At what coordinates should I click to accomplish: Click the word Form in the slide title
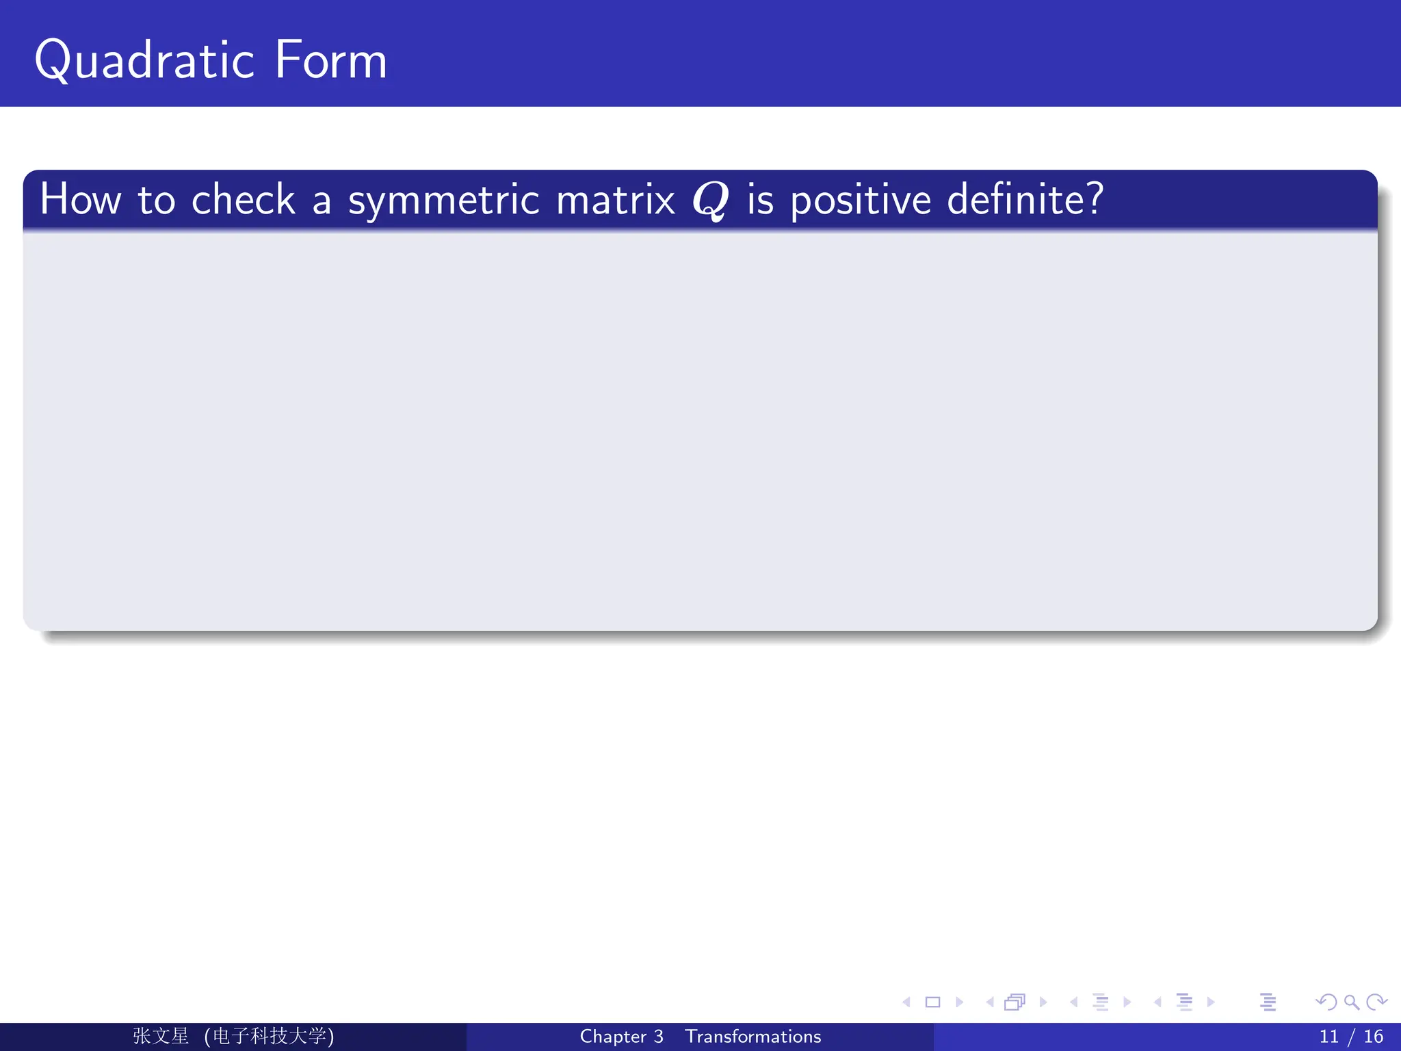tap(331, 60)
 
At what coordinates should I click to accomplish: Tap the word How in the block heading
tap(81, 200)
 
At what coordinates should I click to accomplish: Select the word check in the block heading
tap(243, 200)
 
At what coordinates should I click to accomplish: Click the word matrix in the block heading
tap(616, 200)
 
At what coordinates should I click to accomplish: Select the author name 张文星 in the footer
tap(161, 1036)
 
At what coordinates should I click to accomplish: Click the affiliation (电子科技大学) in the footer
tap(270, 1036)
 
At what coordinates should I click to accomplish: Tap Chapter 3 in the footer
tap(621, 1037)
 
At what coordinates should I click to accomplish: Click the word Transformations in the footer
tap(752, 1037)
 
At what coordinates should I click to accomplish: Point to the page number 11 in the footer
tap(1328, 1037)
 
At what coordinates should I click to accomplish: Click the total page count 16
tap(1373, 1037)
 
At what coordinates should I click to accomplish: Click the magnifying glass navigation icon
tap(1351, 1002)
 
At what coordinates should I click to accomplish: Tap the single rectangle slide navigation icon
tap(932, 1002)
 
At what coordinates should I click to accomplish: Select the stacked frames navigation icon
tap(1014, 1002)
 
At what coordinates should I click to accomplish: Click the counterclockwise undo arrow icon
tap(1326, 1002)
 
